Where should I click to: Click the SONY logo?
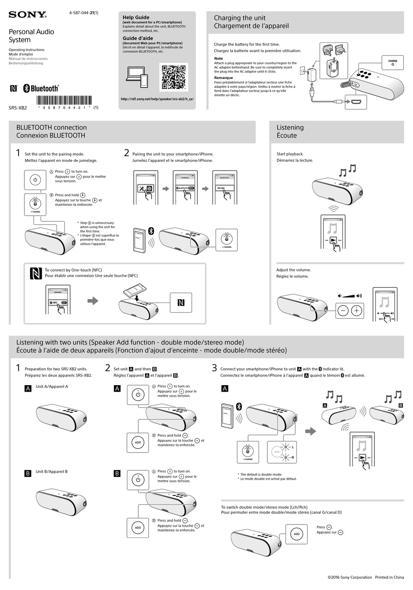(27, 15)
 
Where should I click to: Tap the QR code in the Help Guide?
(174, 77)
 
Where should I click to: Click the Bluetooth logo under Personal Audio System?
(41, 89)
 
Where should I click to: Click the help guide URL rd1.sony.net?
(157, 99)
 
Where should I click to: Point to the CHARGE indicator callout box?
(393, 63)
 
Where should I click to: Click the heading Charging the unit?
(240, 18)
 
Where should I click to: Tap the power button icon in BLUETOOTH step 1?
(35, 180)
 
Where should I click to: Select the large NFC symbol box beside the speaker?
(181, 303)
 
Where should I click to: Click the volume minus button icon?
(343, 310)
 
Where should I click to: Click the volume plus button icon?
(356, 310)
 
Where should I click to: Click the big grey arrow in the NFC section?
(93, 301)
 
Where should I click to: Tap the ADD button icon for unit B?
(138, 527)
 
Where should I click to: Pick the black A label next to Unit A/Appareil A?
(28, 389)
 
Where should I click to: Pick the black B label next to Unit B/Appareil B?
(28, 474)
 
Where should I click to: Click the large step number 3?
(214, 368)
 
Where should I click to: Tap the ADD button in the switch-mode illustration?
(296, 534)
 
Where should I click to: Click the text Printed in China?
(390, 577)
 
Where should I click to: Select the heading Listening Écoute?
(290, 132)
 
